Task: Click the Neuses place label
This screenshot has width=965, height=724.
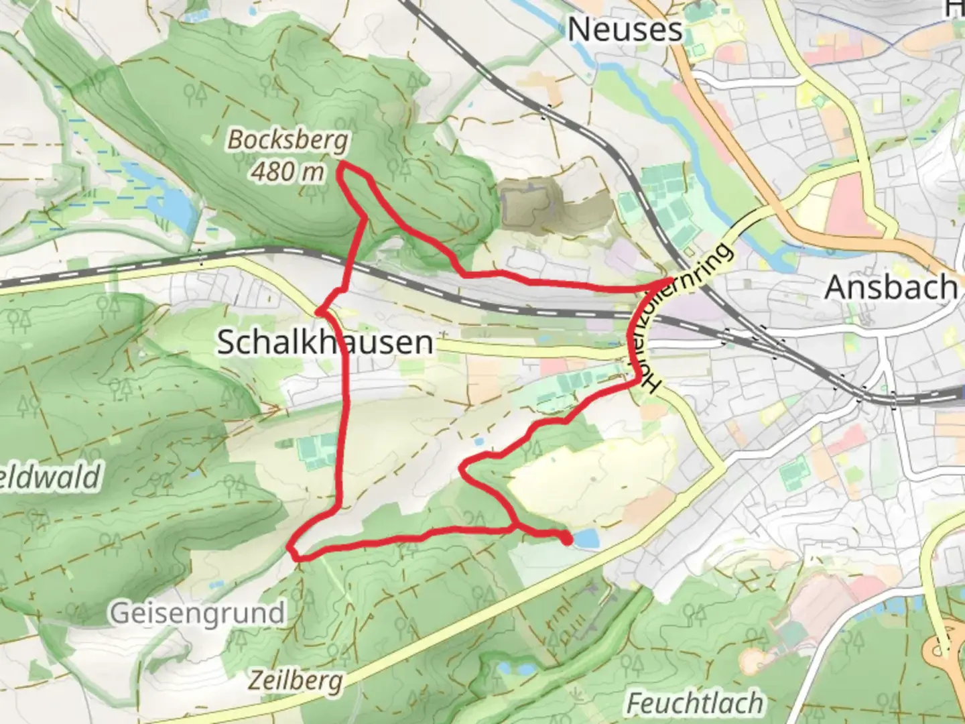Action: pos(625,29)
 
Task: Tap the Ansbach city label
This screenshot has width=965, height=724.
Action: pos(890,288)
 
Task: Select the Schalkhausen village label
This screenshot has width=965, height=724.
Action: pos(326,343)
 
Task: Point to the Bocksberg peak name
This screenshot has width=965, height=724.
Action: pos(288,140)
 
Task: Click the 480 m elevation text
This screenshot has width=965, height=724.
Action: pos(288,172)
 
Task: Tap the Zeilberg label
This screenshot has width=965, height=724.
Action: pos(296,680)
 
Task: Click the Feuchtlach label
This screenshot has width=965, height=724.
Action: pos(694,703)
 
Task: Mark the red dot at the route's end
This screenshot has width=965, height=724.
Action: pos(567,538)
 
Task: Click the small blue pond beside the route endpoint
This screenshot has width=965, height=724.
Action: pos(585,538)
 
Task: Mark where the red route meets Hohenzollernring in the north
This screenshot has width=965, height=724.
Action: pos(670,280)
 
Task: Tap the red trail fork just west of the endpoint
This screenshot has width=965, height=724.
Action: pos(515,527)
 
